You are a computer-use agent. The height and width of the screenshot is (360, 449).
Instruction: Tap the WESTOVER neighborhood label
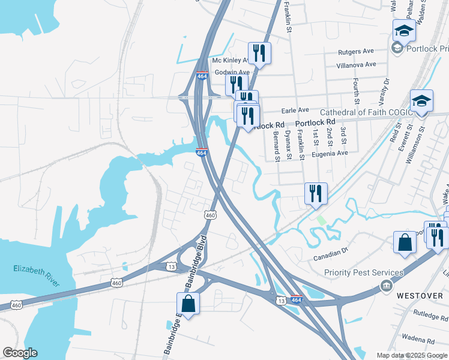pos(415,295)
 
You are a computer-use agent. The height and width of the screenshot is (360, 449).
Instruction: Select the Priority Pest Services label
pos(355,273)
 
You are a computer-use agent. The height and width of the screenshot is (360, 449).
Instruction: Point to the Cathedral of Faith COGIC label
pos(366,112)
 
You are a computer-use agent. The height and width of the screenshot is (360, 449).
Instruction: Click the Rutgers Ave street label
pos(356,51)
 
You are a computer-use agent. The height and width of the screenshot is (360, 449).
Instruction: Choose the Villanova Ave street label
pos(356,64)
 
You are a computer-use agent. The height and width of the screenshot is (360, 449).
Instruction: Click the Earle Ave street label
pos(295,110)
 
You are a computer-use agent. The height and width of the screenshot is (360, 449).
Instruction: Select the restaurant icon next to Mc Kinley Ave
pos(259,52)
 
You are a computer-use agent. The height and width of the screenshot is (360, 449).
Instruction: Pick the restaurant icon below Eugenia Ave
pos(316,193)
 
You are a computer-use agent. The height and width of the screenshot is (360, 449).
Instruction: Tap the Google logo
pos(20,353)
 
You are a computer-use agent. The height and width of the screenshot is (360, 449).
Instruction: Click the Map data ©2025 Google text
pos(411,355)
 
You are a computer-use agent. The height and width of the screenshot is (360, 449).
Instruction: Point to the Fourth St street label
pos(356,89)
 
